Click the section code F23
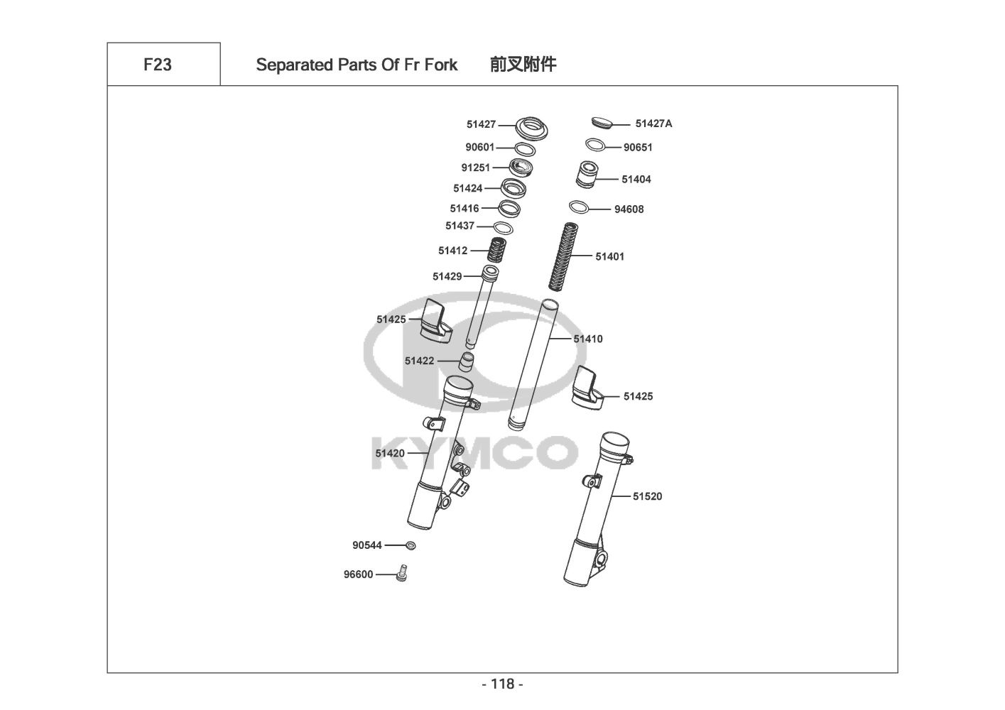click(158, 65)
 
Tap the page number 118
click(502, 684)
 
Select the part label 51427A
click(653, 124)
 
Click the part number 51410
click(588, 339)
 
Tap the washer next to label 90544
click(410, 545)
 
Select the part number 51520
click(647, 496)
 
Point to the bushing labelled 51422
click(466, 361)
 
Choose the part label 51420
click(390, 453)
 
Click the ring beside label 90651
click(595, 145)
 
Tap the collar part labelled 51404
click(586, 175)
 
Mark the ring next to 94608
click(579, 207)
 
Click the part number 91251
click(476, 168)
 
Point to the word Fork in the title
click(441, 65)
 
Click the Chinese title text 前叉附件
click(523, 65)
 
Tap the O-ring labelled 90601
click(524, 149)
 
